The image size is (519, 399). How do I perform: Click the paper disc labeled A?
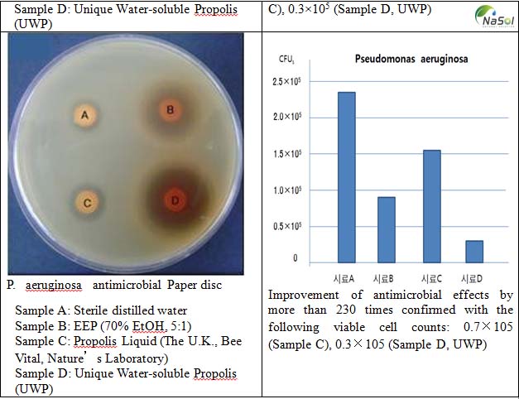82,117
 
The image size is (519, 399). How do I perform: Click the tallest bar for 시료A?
323,177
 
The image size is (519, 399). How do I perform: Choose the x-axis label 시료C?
430,277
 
